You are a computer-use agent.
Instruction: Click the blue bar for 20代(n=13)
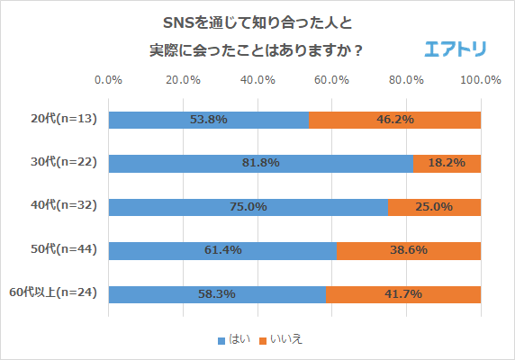[x=208, y=120]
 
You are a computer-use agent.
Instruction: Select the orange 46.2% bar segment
[x=395, y=120]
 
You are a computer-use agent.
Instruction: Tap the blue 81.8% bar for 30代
[x=261, y=163]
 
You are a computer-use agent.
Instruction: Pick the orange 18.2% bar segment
[x=447, y=163]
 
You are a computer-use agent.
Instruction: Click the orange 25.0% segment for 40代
[x=434, y=207]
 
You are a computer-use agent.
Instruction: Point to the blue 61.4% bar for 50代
[x=222, y=250]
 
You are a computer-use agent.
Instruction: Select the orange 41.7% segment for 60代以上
[x=403, y=294]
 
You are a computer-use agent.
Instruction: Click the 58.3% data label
[x=216, y=294]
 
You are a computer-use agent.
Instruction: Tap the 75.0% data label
[x=248, y=207]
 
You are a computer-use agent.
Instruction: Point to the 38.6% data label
[x=408, y=250]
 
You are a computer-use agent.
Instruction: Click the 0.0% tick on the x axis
[x=109, y=79]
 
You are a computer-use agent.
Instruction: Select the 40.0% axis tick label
[x=257, y=79]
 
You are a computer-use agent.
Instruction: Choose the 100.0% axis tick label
[x=480, y=79]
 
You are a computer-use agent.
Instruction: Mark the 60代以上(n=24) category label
[x=56, y=294]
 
